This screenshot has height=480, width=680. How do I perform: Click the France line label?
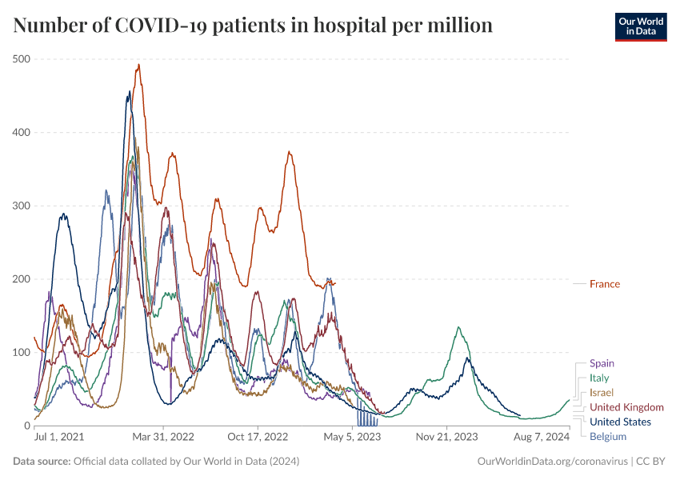pyautogui.click(x=604, y=284)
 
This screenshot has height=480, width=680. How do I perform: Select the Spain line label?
pyautogui.click(x=602, y=363)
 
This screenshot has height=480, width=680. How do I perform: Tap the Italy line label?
pyautogui.click(x=599, y=378)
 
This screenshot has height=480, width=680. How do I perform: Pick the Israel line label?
pyautogui.click(x=602, y=393)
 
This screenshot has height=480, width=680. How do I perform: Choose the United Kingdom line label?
pyautogui.click(x=626, y=407)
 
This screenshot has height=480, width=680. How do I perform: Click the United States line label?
pyautogui.click(x=620, y=422)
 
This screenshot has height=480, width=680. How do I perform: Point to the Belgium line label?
pyautogui.click(x=608, y=437)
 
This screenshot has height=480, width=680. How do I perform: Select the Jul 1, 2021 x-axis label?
pyautogui.click(x=59, y=438)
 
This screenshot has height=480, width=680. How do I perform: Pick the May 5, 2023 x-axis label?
pyautogui.click(x=353, y=438)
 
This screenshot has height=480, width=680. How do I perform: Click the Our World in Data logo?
pyautogui.click(x=640, y=26)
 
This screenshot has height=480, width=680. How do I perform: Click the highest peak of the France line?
pyautogui.click(x=138, y=66)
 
